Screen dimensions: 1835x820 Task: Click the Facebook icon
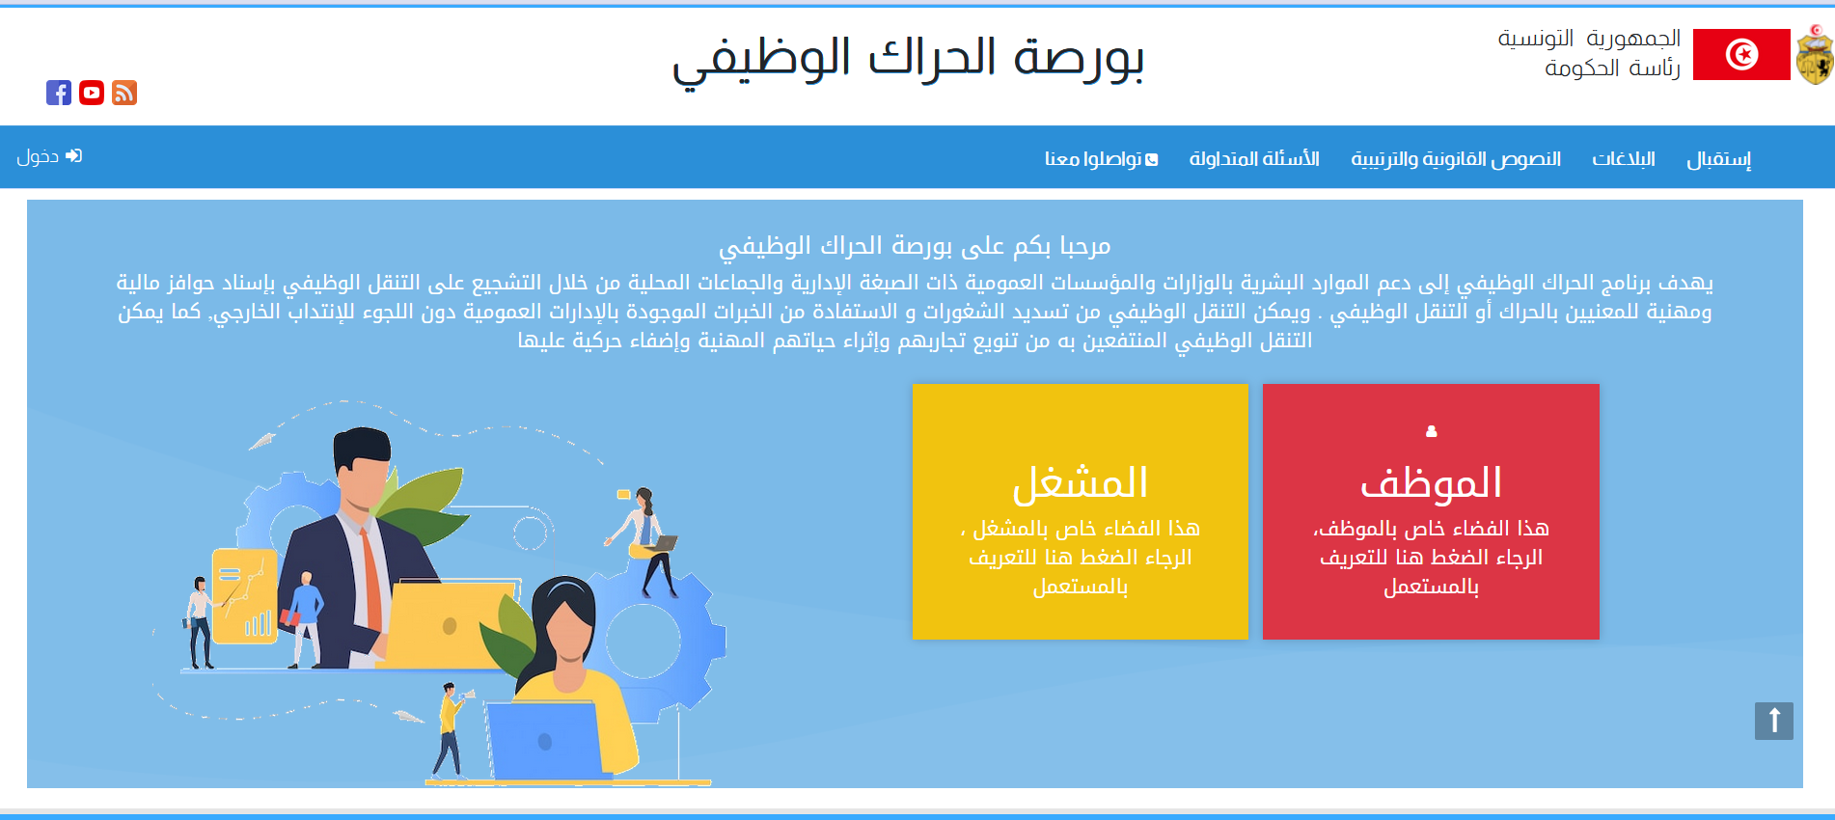(x=59, y=93)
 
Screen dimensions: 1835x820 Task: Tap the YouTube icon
(x=92, y=93)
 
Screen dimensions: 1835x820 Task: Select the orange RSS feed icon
(x=124, y=93)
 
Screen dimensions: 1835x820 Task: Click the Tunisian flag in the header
(x=1741, y=54)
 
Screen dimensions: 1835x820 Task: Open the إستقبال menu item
(x=1718, y=159)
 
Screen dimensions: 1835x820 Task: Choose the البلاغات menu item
(x=1624, y=158)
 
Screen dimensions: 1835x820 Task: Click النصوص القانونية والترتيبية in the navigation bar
(x=1456, y=158)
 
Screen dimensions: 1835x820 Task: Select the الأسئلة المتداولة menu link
(x=1254, y=158)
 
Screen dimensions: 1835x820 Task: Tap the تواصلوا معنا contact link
(x=1101, y=158)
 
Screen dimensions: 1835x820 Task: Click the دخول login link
(x=49, y=156)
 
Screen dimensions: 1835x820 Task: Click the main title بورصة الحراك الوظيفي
(x=908, y=58)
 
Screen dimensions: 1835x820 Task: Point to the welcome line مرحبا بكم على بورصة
(x=915, y=247)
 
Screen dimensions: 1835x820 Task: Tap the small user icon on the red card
(x=1432, y=431)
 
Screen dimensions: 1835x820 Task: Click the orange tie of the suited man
(x=371, y=580)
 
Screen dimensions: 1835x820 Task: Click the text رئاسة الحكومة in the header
(x=1612, y=68)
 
